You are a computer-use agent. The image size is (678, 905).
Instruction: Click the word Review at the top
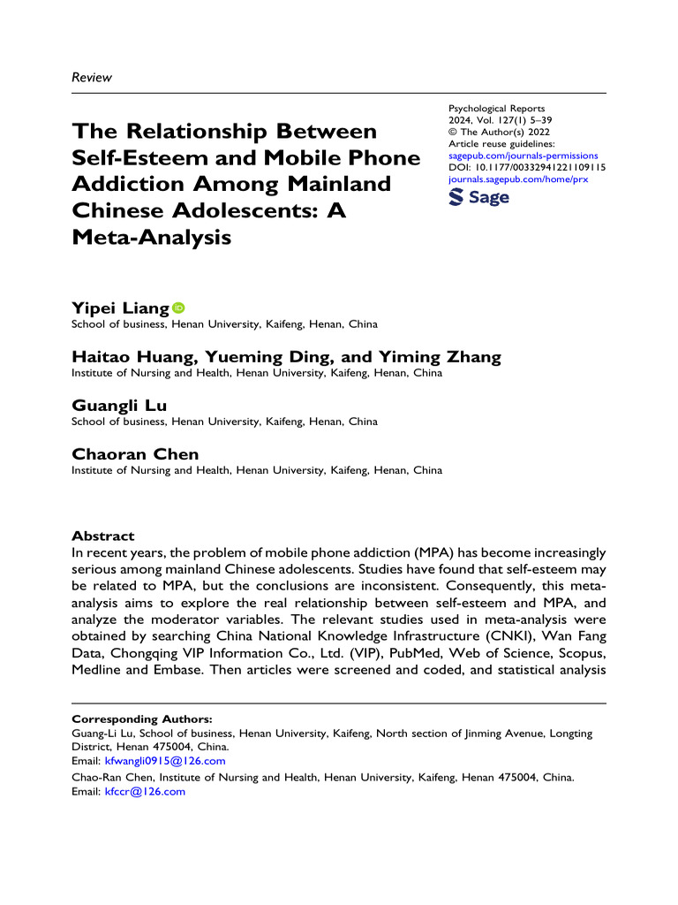tap(91, 78)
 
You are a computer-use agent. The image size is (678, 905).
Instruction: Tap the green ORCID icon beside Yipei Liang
tap(178, 308)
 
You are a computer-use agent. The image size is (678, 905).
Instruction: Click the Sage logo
tap(479, 199)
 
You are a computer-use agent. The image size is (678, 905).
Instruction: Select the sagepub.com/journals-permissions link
tap(524, 155)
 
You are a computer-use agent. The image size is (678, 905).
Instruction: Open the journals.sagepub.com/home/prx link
tap(518, 179)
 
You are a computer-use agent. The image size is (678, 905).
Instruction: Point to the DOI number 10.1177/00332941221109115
tap(538, 167)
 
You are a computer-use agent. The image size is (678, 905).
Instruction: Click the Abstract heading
tap(102, 536)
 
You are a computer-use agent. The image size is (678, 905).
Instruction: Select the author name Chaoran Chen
tap(135, 454)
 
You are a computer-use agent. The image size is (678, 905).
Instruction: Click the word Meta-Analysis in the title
tap(151, 237)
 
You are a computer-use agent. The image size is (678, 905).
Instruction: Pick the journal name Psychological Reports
tap(497, 109)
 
